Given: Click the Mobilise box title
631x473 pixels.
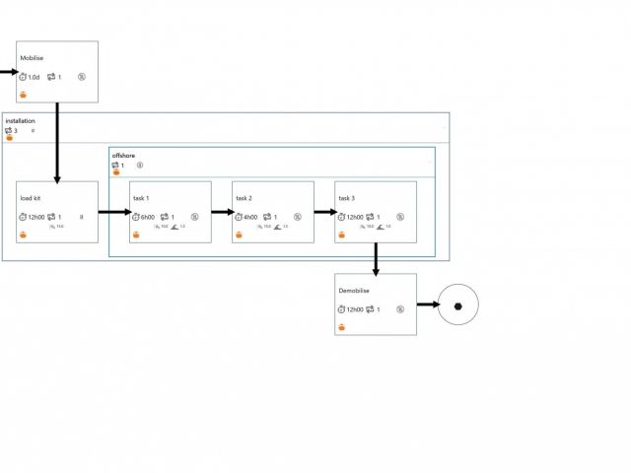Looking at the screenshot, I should click(x=32, y=58).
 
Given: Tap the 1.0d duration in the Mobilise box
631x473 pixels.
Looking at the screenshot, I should click(x=33, y=77).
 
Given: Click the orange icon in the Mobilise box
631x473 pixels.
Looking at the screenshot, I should click(x=24, y=95).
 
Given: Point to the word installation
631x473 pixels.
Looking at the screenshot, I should click(x=21, y=121).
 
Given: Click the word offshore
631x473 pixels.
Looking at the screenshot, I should click(x=123, y=156).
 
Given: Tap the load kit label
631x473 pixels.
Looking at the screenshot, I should click(x=31, y=198).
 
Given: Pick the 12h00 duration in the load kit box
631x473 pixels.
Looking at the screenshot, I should click(x=35, y=217).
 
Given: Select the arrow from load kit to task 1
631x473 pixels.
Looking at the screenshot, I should click(x=114, y=211).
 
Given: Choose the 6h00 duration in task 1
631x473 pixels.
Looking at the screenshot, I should click(x=148, y=217).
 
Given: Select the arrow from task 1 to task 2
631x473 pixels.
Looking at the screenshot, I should click(x=222, y=211).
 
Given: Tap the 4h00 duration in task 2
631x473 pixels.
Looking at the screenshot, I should click(x=250, y=217).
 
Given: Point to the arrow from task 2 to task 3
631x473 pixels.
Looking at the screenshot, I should click(x=324, y=211).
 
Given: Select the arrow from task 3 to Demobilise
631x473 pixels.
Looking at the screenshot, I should click(x=376, y=258).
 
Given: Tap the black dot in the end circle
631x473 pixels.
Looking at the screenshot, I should click(x=457, y=305).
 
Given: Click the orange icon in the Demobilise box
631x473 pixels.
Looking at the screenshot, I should click(x=342, y=327).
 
